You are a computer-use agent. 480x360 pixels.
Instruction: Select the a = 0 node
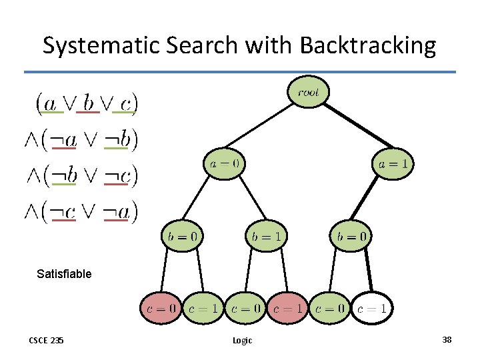point(224,164)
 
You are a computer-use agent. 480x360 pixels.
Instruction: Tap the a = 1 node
point(393,164)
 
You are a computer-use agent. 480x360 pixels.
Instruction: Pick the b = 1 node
point(266,235)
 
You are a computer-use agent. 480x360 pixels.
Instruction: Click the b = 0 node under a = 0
point(181,235)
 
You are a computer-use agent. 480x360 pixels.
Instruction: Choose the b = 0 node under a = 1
point(350,235)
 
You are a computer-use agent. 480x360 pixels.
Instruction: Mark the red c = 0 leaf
point(160,308)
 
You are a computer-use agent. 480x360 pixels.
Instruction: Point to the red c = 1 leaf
point(287,308)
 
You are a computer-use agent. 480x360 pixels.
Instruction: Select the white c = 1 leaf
point(371,308)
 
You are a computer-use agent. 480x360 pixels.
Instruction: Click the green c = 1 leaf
point(203,308)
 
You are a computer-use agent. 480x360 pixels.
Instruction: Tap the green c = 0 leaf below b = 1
point(245,308)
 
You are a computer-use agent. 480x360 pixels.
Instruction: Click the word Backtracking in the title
point(368,45)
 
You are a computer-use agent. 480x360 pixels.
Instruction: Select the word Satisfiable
point(64,274)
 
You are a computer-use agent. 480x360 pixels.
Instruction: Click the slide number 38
point(447,340)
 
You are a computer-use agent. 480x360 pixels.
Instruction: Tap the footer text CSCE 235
point(46,341)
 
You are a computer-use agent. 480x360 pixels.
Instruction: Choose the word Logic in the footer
point(242,341)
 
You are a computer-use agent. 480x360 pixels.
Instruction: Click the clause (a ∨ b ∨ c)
point(87,103)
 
